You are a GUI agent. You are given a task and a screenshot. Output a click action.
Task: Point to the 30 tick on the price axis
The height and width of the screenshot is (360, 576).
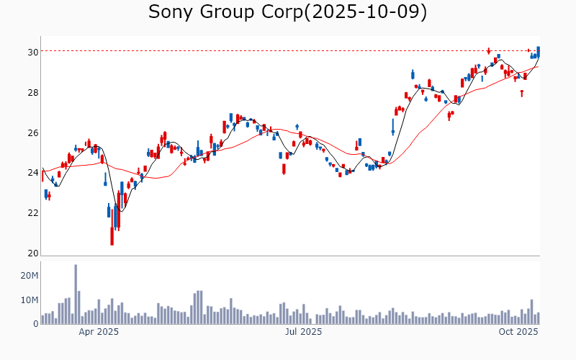(33, 53)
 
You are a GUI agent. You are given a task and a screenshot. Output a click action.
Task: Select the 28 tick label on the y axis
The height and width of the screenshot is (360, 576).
(33, 93)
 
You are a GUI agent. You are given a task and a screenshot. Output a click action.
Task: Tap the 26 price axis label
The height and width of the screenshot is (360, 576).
(33, 133)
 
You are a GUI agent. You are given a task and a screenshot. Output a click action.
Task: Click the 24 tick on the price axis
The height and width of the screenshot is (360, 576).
(33, 173)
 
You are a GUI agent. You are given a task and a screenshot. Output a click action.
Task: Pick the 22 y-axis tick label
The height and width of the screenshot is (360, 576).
(33, 213)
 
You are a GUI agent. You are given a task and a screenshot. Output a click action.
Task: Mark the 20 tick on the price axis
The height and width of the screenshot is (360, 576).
(33, 253)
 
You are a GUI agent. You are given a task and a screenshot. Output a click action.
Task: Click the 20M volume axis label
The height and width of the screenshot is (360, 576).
(30, 276)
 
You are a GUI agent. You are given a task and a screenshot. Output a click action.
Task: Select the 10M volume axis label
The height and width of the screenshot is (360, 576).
(30, 300)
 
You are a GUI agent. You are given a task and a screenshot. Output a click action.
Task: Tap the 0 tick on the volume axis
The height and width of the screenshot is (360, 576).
(35, 324)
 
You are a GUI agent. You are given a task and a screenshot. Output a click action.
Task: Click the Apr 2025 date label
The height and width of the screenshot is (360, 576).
(99, 332)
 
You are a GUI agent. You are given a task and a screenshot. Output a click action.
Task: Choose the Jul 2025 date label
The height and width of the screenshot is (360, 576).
(302, 332)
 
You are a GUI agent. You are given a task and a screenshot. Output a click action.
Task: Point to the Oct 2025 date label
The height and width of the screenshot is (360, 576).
(518, 332)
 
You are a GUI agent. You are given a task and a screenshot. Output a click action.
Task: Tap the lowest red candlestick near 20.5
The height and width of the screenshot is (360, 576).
(112, 235)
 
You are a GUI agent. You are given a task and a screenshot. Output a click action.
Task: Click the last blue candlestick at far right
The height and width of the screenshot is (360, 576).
(538, 51)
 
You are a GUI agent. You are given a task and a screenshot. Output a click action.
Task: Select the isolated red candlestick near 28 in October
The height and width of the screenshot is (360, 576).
(522, 93)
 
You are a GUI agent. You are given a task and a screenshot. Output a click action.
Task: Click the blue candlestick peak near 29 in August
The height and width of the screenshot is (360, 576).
(413, 74)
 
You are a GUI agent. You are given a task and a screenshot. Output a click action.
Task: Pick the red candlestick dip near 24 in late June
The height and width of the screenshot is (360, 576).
(284, 168)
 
